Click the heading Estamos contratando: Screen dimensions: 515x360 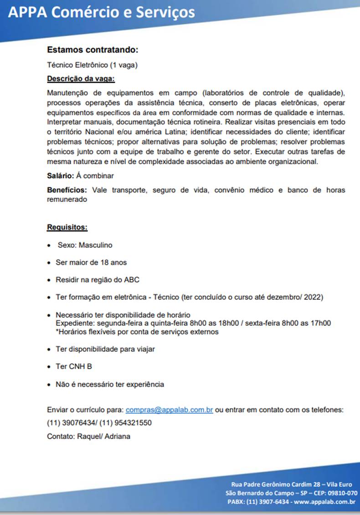coord(93,50)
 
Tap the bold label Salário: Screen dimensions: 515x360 coord(61,175)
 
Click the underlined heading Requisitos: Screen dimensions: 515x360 coord(67,227)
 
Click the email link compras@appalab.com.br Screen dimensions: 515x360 coord(169,410)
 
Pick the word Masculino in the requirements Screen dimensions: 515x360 coord(95,245)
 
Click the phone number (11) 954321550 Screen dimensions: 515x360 coord(125,423)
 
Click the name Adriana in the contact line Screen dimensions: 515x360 coord(118,437)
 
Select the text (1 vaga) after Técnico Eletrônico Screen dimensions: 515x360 coord(124,65)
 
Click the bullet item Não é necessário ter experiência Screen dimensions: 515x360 coord(109,384)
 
